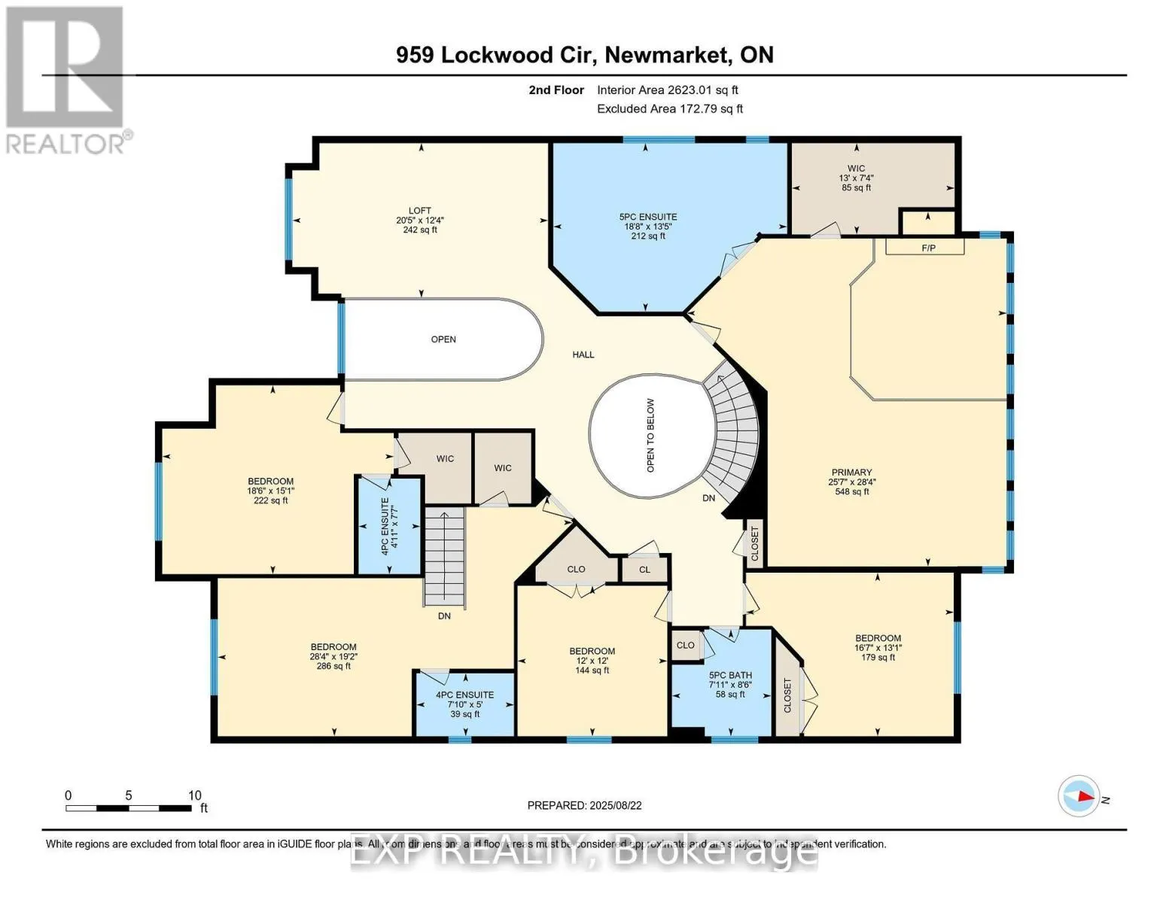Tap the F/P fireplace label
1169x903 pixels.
click(929, 248)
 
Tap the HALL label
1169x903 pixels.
click(583, 354)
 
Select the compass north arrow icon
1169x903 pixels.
click(1079, 796)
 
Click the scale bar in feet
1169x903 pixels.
click(128, 808)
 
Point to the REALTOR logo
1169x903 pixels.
click(66, 79)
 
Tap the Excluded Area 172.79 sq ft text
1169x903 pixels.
click(669, 109)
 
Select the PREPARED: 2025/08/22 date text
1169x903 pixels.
click(584, 805)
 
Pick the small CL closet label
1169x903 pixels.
click(644, 570)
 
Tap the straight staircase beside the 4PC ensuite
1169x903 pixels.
click(444, 555)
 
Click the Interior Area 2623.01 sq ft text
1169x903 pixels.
click(667, 90)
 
